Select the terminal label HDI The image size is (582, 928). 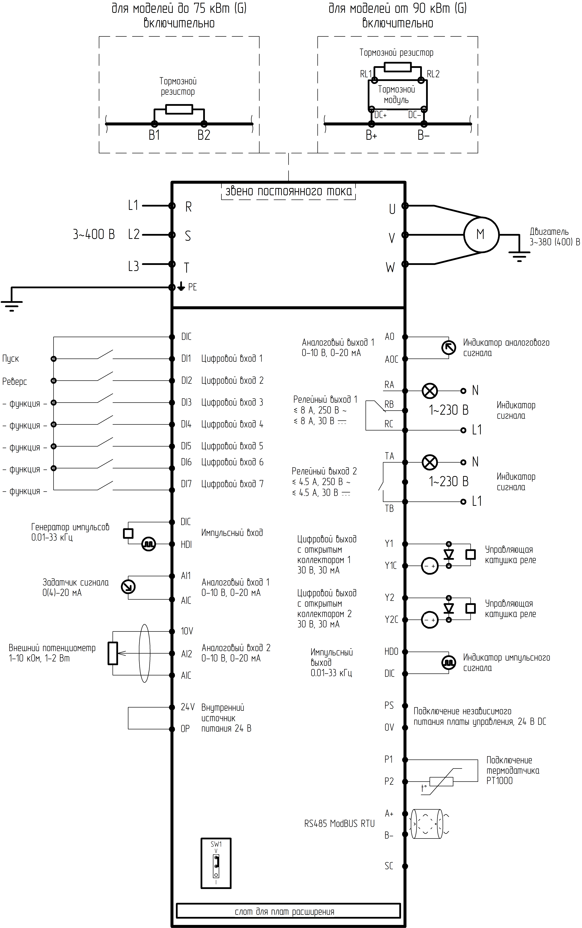coord(186,544)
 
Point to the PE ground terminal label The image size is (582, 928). coord(192,287)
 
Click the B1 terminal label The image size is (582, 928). coord(154,135)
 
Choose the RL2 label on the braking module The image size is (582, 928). coord(433,74)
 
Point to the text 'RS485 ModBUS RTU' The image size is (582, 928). coord(339,824)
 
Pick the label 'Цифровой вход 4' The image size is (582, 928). coord(232,424)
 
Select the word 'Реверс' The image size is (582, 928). coord(15,381)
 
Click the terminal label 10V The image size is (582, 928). coord(187,631)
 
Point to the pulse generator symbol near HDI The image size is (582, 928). coord(149,544)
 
